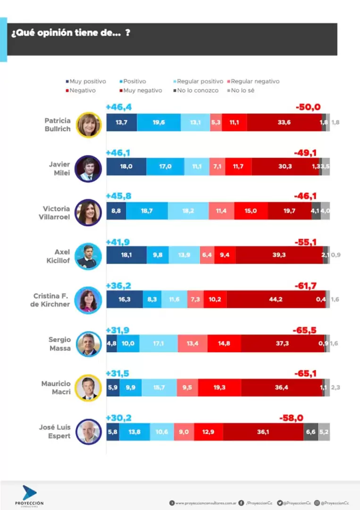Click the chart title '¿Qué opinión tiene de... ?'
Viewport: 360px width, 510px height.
pos(70,34)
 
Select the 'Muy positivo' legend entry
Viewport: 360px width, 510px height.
pos(87,81)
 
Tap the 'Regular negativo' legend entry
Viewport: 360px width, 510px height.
pos(255,81)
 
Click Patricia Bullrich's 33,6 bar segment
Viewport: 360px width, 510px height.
pos(284,122)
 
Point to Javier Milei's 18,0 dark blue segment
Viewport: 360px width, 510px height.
pos(126,166)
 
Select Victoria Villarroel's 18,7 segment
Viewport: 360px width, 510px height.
pos(147,211)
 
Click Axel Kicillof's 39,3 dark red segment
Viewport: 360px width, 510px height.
pos(279,255)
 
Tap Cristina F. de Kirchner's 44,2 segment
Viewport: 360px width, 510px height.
pos(276,299)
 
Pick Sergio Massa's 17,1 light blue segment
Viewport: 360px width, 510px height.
pos(158,343)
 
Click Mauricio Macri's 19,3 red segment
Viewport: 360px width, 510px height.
pos(219,387)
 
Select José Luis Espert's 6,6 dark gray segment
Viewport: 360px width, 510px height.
pos(310,432)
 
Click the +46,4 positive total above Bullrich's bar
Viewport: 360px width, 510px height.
pos(118,108)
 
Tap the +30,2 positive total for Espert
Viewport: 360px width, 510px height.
pos(118,417)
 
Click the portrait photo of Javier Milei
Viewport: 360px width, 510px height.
pos(88,168)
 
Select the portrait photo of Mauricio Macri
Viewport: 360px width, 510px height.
pos(88,388)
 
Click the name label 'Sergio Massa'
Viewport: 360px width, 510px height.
pos(59,344)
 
